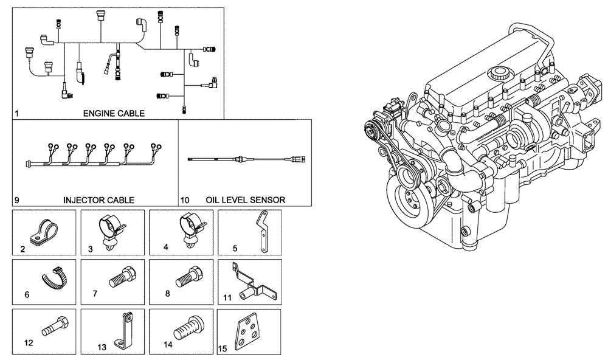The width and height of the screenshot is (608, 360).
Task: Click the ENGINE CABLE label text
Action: coord(114,113)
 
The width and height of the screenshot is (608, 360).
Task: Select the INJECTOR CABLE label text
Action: coord(98,199)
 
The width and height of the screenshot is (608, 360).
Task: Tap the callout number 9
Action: coord(16,199)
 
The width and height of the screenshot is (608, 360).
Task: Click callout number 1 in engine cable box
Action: coord(16,114)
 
